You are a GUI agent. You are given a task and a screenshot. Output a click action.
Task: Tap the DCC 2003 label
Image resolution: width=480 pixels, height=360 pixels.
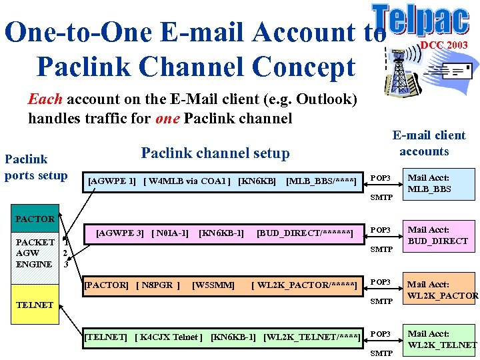tap(443, 45)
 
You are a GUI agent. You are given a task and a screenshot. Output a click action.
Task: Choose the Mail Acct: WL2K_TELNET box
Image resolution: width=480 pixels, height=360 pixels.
tap(442, 339)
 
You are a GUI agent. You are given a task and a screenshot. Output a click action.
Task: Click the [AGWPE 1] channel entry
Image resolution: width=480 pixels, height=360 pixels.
tap(112, 181)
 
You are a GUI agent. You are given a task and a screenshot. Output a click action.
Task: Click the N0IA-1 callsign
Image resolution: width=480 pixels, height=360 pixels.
tap(170, 233)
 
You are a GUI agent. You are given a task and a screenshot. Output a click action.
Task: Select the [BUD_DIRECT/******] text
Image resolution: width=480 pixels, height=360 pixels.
tap(305, 233)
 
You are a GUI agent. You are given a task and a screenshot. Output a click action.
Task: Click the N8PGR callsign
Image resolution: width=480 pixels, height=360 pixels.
tap(158, 285)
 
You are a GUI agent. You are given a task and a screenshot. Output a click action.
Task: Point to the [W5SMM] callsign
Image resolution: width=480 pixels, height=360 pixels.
tap(213, 285)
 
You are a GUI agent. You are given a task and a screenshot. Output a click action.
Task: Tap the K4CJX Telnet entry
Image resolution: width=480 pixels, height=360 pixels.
tap(169, 337)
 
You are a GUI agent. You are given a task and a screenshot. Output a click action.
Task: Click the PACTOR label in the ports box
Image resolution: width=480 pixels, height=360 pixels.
tap(35, 219)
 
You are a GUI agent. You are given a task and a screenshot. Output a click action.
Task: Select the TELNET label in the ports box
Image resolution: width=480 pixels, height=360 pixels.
tap(34, 305)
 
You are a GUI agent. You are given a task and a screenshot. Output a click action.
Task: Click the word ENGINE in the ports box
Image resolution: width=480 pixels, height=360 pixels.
tap(33, 264)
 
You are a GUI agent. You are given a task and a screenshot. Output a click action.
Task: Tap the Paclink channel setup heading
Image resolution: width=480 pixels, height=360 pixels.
tap(215, 153)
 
